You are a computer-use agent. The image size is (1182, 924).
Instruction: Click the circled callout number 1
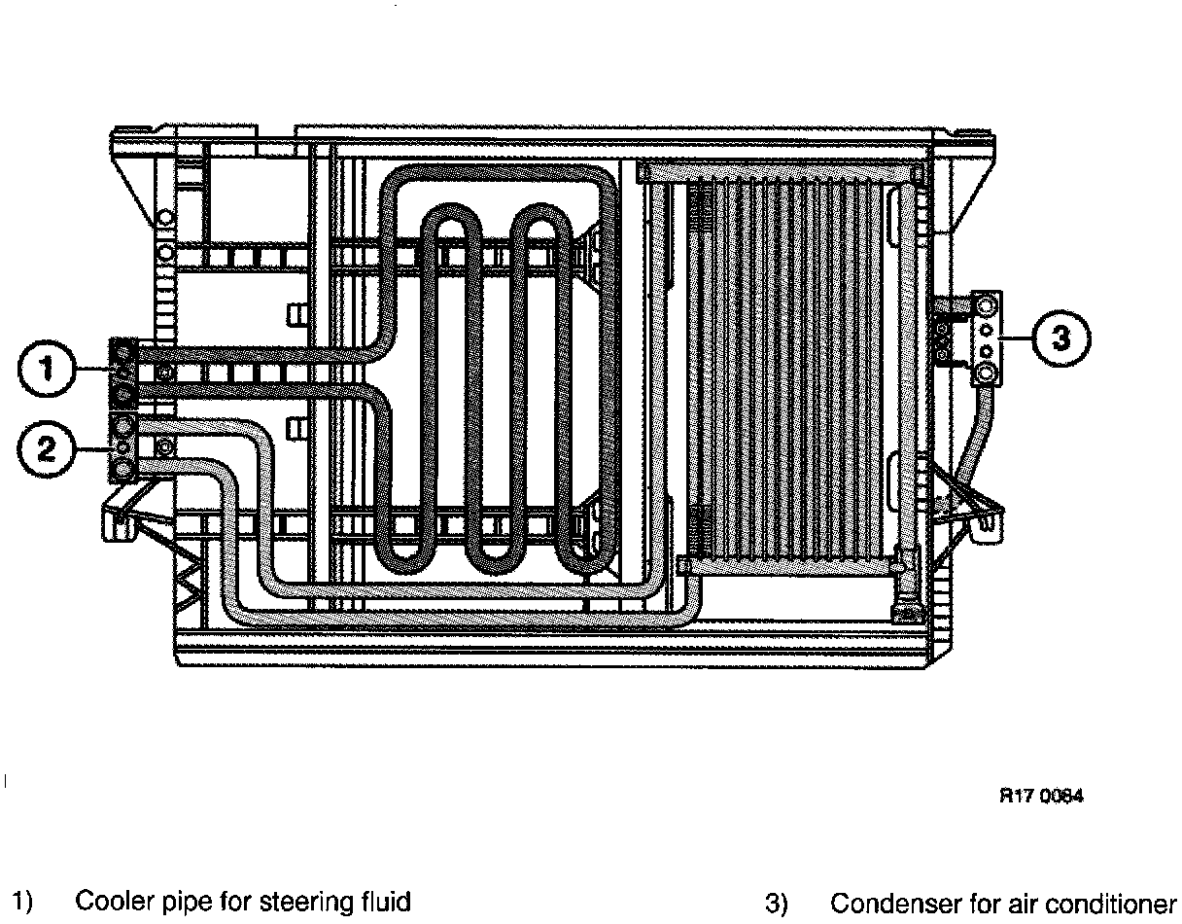click(46, 372)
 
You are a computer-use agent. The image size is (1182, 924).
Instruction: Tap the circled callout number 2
click(46, 447)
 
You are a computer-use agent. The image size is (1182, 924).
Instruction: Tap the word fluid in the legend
click(384, 902)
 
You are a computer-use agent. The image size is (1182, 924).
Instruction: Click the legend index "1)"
click(21, 902)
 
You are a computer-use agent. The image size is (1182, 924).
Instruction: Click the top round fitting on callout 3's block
click(987, 305)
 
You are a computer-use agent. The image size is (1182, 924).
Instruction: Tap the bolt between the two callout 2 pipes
click(165, 446)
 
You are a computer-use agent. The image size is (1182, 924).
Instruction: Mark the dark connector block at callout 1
click(123, 373)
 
